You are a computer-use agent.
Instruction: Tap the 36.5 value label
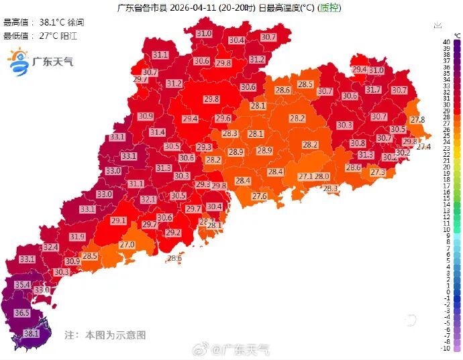pyautogui.click(x=22, y=313)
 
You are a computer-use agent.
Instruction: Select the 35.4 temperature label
pyautogui.click(x=23, y=285)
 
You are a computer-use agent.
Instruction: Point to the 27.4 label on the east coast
pyautogui.click(x=423, y=146)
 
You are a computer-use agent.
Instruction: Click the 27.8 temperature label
pyautogui.click(x=418, y=119)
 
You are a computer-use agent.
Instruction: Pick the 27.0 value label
pyautogui.click(x=127, y=245)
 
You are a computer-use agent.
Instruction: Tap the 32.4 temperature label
pyautogui.click(x=51, y=247)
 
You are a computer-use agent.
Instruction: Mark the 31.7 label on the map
pyautogui.click(x=373, y=90)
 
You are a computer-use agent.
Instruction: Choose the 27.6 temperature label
pyautogui.click(x=260, y=196)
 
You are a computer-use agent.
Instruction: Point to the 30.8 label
pyautogui.click(x=358, y=143)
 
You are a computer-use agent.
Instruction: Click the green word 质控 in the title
pyautogui.click(x=329, y=8)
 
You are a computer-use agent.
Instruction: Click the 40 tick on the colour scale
pyautogui.click(x=446, y=42)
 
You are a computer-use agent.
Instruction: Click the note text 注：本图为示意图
pyautogui.click(x=105, y=335)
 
